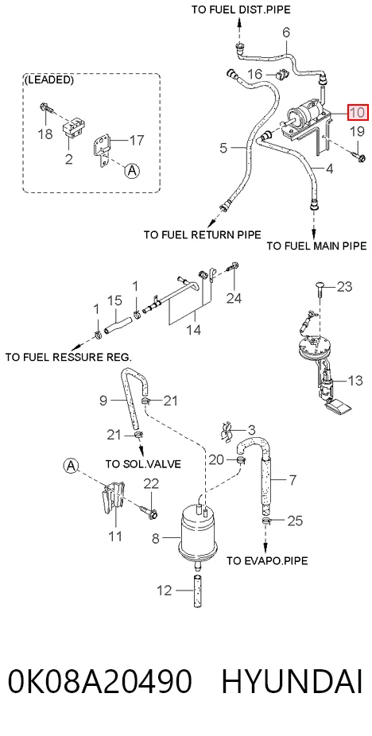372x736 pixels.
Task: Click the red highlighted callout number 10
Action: click(x=358, y=113)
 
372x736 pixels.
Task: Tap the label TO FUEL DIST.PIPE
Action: click(x=241, y=10)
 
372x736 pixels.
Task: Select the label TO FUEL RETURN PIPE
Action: click(x=203, y=234)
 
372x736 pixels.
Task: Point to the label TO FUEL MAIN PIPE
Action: click(x=316, y=246)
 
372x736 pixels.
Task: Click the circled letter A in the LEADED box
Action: click(x=132, y=171)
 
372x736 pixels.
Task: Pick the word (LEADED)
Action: click(x=48, y=79)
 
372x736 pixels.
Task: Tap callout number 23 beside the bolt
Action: click(x=344, y=286)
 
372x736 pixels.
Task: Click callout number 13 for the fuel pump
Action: click(x=355, y=379)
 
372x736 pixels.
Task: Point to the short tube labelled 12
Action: click(x=197, y=590)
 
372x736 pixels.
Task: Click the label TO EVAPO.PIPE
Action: click(x=267, y=560)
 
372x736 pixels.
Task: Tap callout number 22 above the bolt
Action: click(x=151, y=484)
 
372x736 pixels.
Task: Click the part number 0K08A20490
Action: click(x=99, y=681)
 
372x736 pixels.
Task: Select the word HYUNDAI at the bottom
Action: click(x=292, y=681)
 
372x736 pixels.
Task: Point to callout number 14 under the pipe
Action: click(x=193, y=330)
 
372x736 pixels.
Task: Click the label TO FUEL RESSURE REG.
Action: click(x=68, y=357)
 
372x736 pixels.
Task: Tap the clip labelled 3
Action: click(x=227, y=432)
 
